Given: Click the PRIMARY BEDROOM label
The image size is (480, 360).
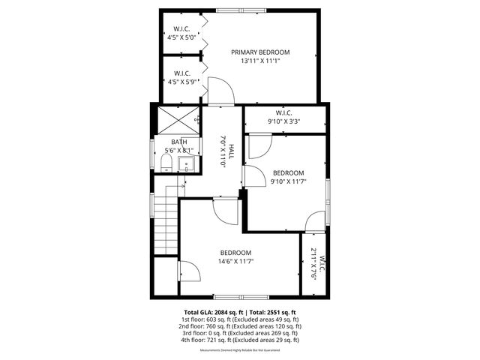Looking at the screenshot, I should coord(260,52).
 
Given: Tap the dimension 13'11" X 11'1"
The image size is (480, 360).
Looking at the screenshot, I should coord(260,61).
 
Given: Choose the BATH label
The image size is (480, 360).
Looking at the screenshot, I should coord(178,142).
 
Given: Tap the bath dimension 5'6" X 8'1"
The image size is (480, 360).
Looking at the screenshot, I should coord(178,150).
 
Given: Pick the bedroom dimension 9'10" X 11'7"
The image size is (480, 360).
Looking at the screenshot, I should coord(288,181).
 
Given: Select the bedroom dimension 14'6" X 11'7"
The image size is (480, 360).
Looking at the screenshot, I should coord(235,262).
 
